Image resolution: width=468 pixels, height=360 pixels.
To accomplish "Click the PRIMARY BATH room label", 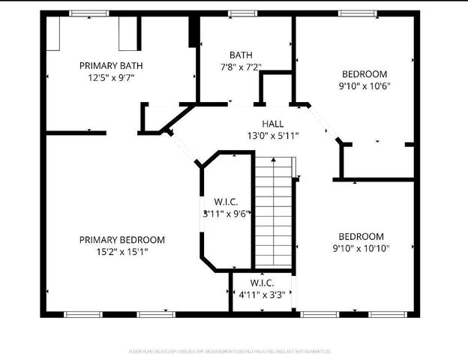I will [111, 65].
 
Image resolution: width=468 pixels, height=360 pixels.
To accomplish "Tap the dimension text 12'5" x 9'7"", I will [111, 77].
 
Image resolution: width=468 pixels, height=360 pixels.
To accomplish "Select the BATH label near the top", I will [241, 55].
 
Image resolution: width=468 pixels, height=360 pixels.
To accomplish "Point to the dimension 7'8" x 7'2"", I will [241, 67].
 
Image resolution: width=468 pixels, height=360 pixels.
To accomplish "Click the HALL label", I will [272, 124].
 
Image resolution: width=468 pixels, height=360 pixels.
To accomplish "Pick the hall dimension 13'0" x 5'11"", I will [273, 136].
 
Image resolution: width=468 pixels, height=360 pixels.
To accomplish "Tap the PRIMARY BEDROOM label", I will [122, 240].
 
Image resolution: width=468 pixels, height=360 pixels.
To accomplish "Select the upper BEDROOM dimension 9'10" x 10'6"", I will [364, 85].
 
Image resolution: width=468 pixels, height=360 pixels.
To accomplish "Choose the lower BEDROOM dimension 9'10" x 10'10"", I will [361, 248].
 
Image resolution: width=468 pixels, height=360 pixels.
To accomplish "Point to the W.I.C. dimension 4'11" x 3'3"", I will [261, 295].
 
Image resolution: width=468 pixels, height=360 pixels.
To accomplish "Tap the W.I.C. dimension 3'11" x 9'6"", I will [226, 214].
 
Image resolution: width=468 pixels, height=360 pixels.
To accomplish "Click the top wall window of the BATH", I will [242, 13].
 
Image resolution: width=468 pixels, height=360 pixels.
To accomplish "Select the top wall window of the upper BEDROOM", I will [356, 13].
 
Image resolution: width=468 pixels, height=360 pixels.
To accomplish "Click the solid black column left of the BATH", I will [193, 32].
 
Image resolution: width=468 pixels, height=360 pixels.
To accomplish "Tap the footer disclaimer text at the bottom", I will [233, 350].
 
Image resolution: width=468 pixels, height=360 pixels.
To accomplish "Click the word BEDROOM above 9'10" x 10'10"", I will [361, 236].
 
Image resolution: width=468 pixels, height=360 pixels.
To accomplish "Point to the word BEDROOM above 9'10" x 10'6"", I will [364, 73].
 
